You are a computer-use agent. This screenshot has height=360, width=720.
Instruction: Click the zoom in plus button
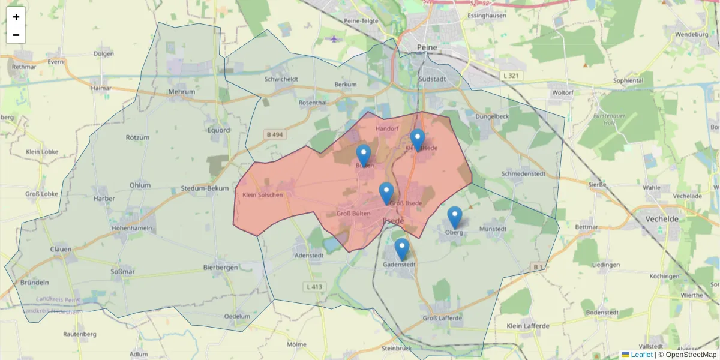tap(16, 17)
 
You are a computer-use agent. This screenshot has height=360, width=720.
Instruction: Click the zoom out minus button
tap(16, 35)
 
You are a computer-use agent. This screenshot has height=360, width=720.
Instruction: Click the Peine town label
tap(427, 47)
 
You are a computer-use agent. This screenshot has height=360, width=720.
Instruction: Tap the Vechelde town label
tap(662, 219)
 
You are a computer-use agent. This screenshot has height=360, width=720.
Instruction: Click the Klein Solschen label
tap(262, 195)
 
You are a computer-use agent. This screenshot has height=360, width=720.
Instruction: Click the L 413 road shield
tap(313, 287)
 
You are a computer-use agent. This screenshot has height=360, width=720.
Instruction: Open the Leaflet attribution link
tap(641, 355)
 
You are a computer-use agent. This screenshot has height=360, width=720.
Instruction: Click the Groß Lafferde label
tap(442, 318)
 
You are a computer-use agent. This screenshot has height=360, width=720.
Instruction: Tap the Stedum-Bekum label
tap(205, 188)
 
